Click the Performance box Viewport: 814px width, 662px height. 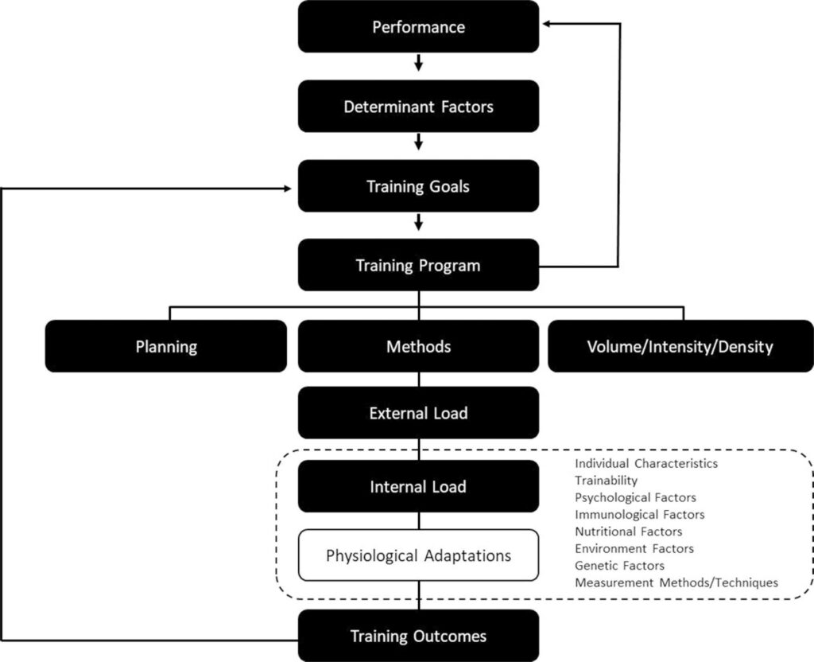pos(418,26)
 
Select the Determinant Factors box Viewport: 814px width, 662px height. pos(418,107)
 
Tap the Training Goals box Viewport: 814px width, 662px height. pos(418,186)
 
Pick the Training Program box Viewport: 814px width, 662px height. pos(418,265)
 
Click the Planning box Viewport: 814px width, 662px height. pos(166,346)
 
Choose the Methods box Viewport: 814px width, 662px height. pos(418,346)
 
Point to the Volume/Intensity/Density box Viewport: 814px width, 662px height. pos(680,346)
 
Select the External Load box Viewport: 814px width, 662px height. pos(418,413)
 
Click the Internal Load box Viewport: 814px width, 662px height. pos(418,486)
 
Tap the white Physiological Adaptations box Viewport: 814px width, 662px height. pos(418,555)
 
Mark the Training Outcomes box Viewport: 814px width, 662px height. pos(418,636)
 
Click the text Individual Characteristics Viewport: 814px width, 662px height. pos(646,464)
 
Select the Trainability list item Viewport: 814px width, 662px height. pos(607,481)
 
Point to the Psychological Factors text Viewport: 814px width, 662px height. pos(635,498)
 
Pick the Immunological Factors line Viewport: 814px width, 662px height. pos(640,515)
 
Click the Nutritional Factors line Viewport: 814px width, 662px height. pos(629,532)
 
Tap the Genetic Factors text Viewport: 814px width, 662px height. pos(620,566)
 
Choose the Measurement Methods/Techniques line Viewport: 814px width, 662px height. pos(676,582)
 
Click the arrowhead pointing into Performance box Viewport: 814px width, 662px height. pos(547,23)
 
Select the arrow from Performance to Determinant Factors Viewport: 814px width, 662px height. pos(418,63)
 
